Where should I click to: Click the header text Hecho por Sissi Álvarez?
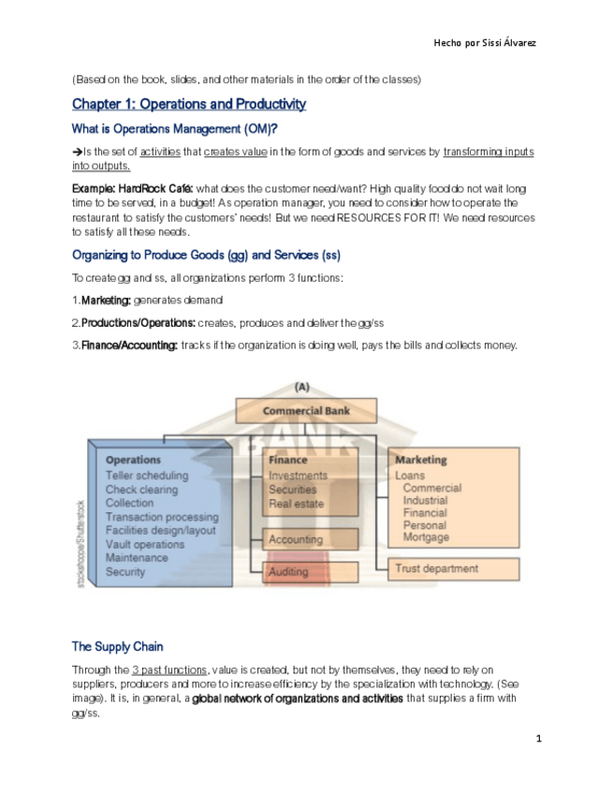pos(485,43)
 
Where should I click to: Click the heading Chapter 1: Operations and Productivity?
pos(189,104)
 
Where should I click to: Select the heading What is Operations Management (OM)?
pos(174,128)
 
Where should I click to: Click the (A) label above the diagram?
pos(303,386)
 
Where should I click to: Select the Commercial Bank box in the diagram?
pos(305,411)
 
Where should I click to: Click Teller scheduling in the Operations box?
pos(146,475)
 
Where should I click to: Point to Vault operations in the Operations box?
pos(145,544)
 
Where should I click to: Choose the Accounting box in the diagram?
pos(310,539)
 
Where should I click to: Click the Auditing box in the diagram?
pos(310,571)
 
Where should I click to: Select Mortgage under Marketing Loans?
pos(426,537)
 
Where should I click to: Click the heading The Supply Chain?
pos(117,646)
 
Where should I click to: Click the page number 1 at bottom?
pos(538,740)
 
